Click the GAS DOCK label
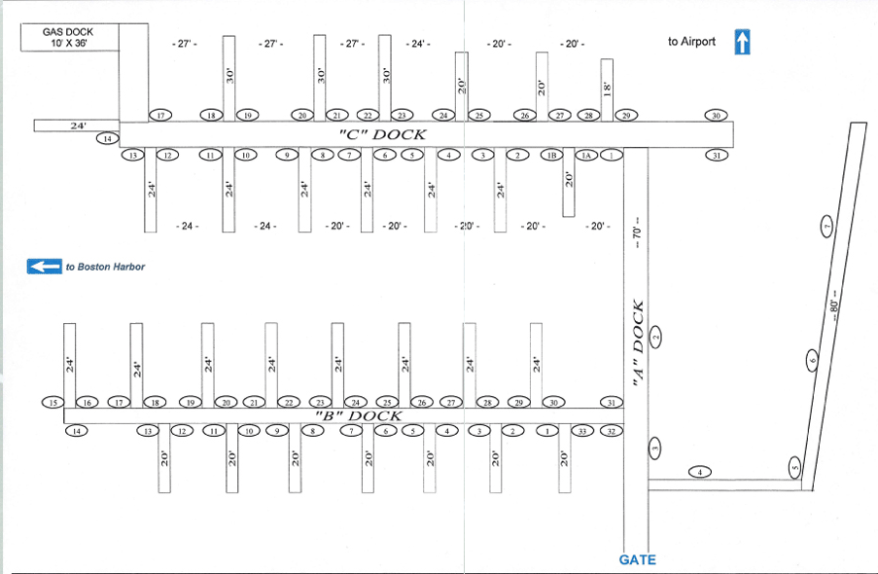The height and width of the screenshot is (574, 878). click(66, 31)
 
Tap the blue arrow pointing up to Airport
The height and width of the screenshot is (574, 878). click(743, 42)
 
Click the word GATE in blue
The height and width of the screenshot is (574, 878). click(637, 559)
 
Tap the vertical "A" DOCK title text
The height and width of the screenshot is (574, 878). click(639, 346)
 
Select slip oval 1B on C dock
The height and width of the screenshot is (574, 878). click(551, 155)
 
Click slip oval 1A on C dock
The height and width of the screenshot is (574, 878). click(585, 155)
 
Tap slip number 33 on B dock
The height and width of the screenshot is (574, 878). click(582, 431)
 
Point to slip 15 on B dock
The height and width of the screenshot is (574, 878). click(53, 403)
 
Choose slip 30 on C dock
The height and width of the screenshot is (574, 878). click(716, 116)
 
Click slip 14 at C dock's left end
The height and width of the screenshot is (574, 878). click(107, 139)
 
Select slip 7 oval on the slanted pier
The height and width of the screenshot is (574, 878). click(826, 228)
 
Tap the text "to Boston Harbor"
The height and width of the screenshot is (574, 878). click(105, 267)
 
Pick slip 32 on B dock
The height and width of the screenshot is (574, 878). click(611, 431)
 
